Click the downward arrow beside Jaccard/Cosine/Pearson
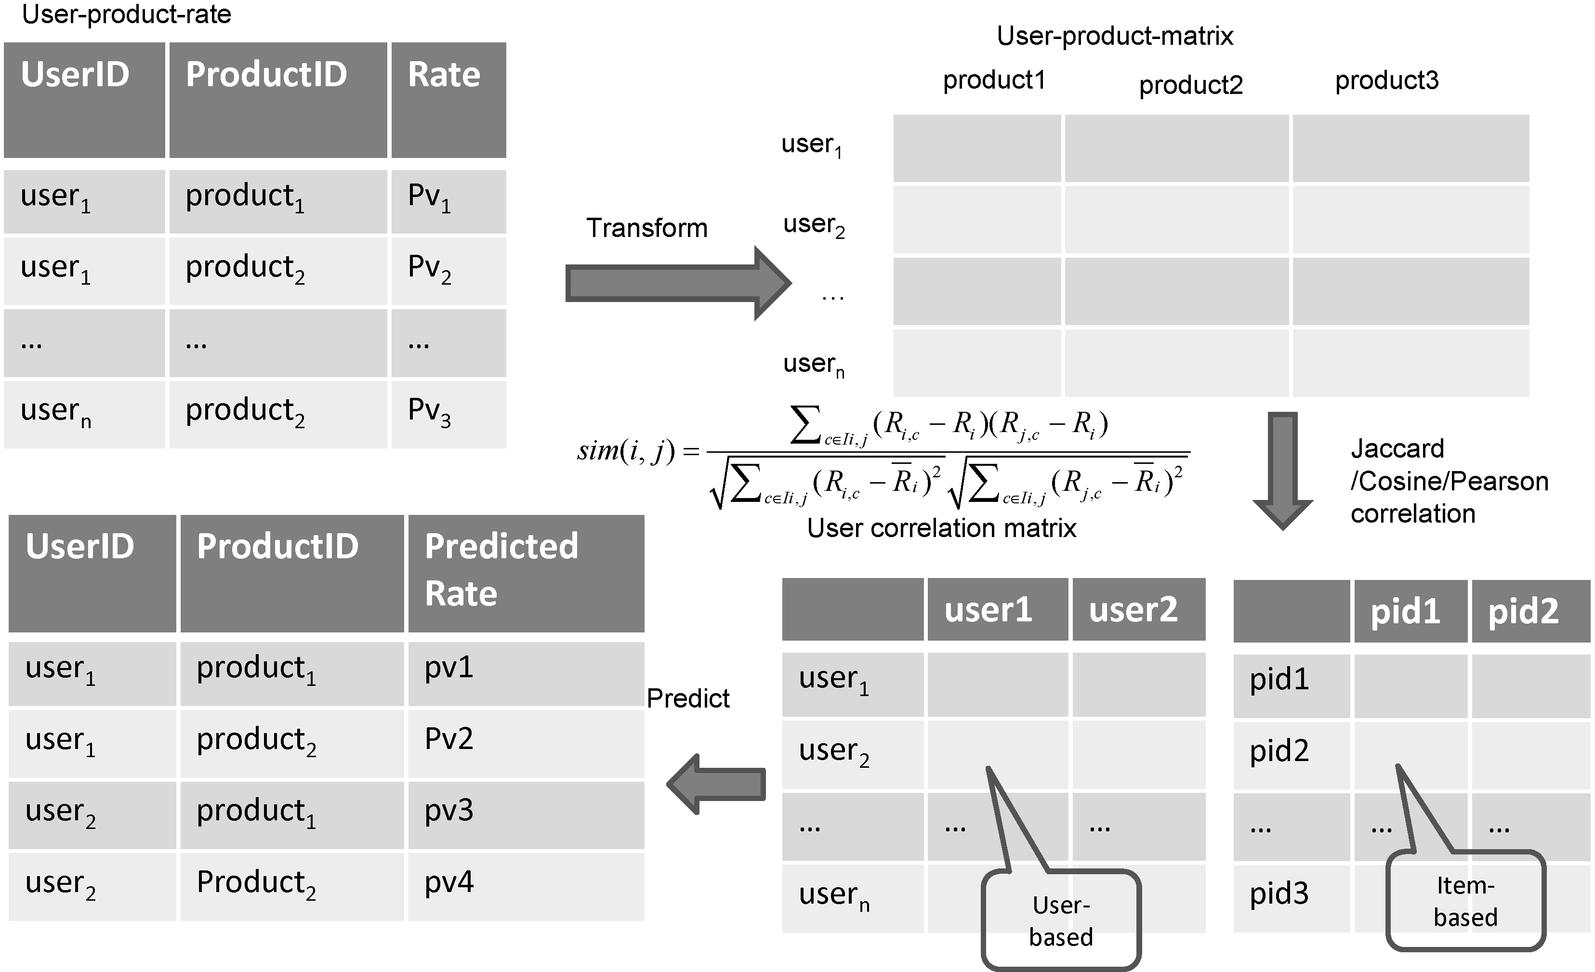pyautogui.click(x=1282, y=469)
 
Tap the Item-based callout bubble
pyautogui.click(x=1465, y=901)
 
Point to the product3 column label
pyautogui.click(x=1386, y=80)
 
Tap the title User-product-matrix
pyautogui.click(x=1115, y=36)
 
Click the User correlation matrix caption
pyautogui.click(x=941, y=528)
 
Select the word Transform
pyautogui.click(x=646, y=228)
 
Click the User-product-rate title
pyautogui.click(x=126, y=14)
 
